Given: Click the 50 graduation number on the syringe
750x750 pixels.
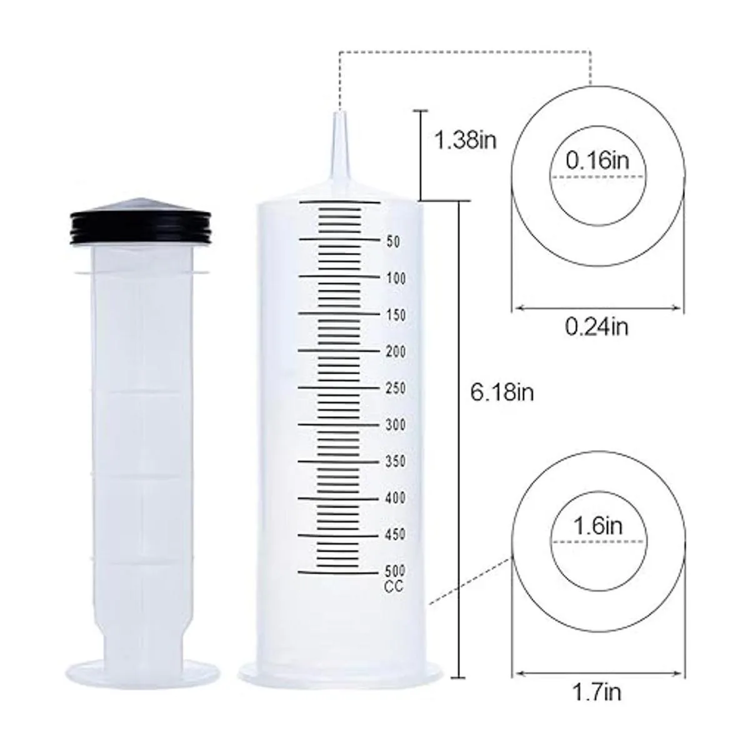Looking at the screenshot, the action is tap(393, 242).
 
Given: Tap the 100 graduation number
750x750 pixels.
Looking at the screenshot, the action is tap(396, 278).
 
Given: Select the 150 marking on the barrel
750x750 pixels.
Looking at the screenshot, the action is tap(396, 315).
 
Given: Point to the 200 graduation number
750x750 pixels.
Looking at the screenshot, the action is tap(396, 351).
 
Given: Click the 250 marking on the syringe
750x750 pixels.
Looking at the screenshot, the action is tap(396, 388).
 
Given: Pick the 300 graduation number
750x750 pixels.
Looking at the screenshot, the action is tap(396, 424).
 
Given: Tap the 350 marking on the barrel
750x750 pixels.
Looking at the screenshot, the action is tap(396, 461).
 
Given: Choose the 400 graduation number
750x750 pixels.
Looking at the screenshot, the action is tap(396, 497).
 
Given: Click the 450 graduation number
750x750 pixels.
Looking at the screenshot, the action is tap(396, 534).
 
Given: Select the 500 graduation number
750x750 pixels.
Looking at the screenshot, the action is tap(396, 571).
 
